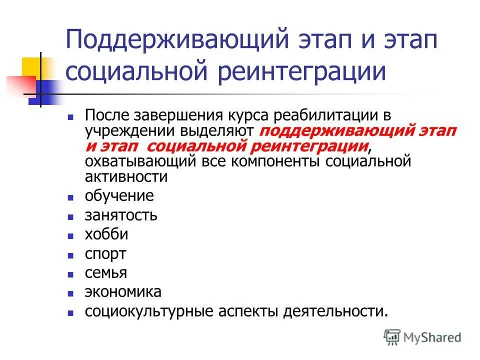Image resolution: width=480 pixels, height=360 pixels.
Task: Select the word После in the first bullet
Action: (106, 116)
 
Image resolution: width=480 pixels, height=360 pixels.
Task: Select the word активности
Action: (125, 176)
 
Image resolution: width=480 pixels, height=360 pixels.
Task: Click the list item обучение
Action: (119, 196)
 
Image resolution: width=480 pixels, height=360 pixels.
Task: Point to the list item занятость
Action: (121, 215)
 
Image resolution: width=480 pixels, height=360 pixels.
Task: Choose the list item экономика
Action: (123, 292)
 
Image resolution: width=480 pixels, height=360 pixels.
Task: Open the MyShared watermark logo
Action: (422, 337)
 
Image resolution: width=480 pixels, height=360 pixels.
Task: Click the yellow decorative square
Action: (31, 67)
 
